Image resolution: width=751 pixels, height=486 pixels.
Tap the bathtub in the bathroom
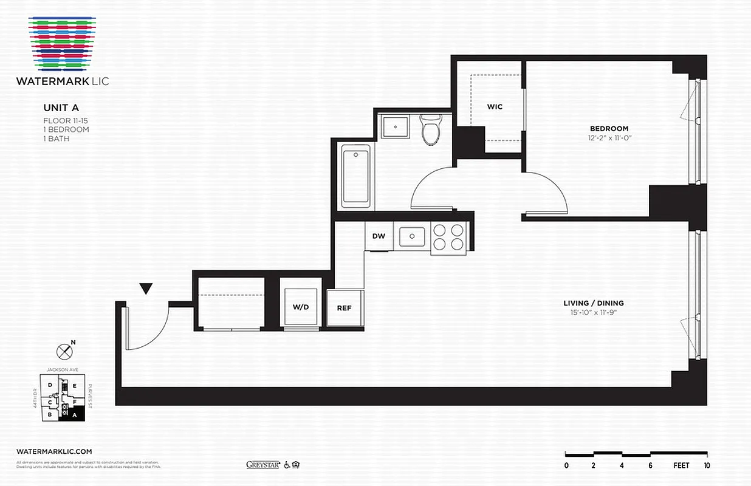(x=356, y=176)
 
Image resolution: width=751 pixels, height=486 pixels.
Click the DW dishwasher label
(x=379, y=236)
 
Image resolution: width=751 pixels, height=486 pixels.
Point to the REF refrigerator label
(x=344, y=308)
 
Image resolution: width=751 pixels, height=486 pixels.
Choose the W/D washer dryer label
(x=301, y=307)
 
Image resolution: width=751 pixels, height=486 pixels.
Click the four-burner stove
(x=448, y=238)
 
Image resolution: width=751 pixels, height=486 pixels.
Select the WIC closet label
(x=495, y=107)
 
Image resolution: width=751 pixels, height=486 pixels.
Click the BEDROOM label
(x=609, y=129)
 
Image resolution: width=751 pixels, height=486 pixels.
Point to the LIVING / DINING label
(x=593, y=303)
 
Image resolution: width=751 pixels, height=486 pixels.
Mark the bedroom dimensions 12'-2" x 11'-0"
(x=609, y=138)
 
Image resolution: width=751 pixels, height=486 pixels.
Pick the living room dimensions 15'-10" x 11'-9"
(x=593, y=313)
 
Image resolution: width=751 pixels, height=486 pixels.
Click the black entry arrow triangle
(x=146, y=289)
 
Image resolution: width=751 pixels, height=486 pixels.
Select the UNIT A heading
(x=61, y=108)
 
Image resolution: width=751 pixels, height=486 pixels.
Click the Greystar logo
(x=262, y=465)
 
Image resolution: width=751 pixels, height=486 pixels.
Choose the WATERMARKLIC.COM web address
(x=55, y=451)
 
